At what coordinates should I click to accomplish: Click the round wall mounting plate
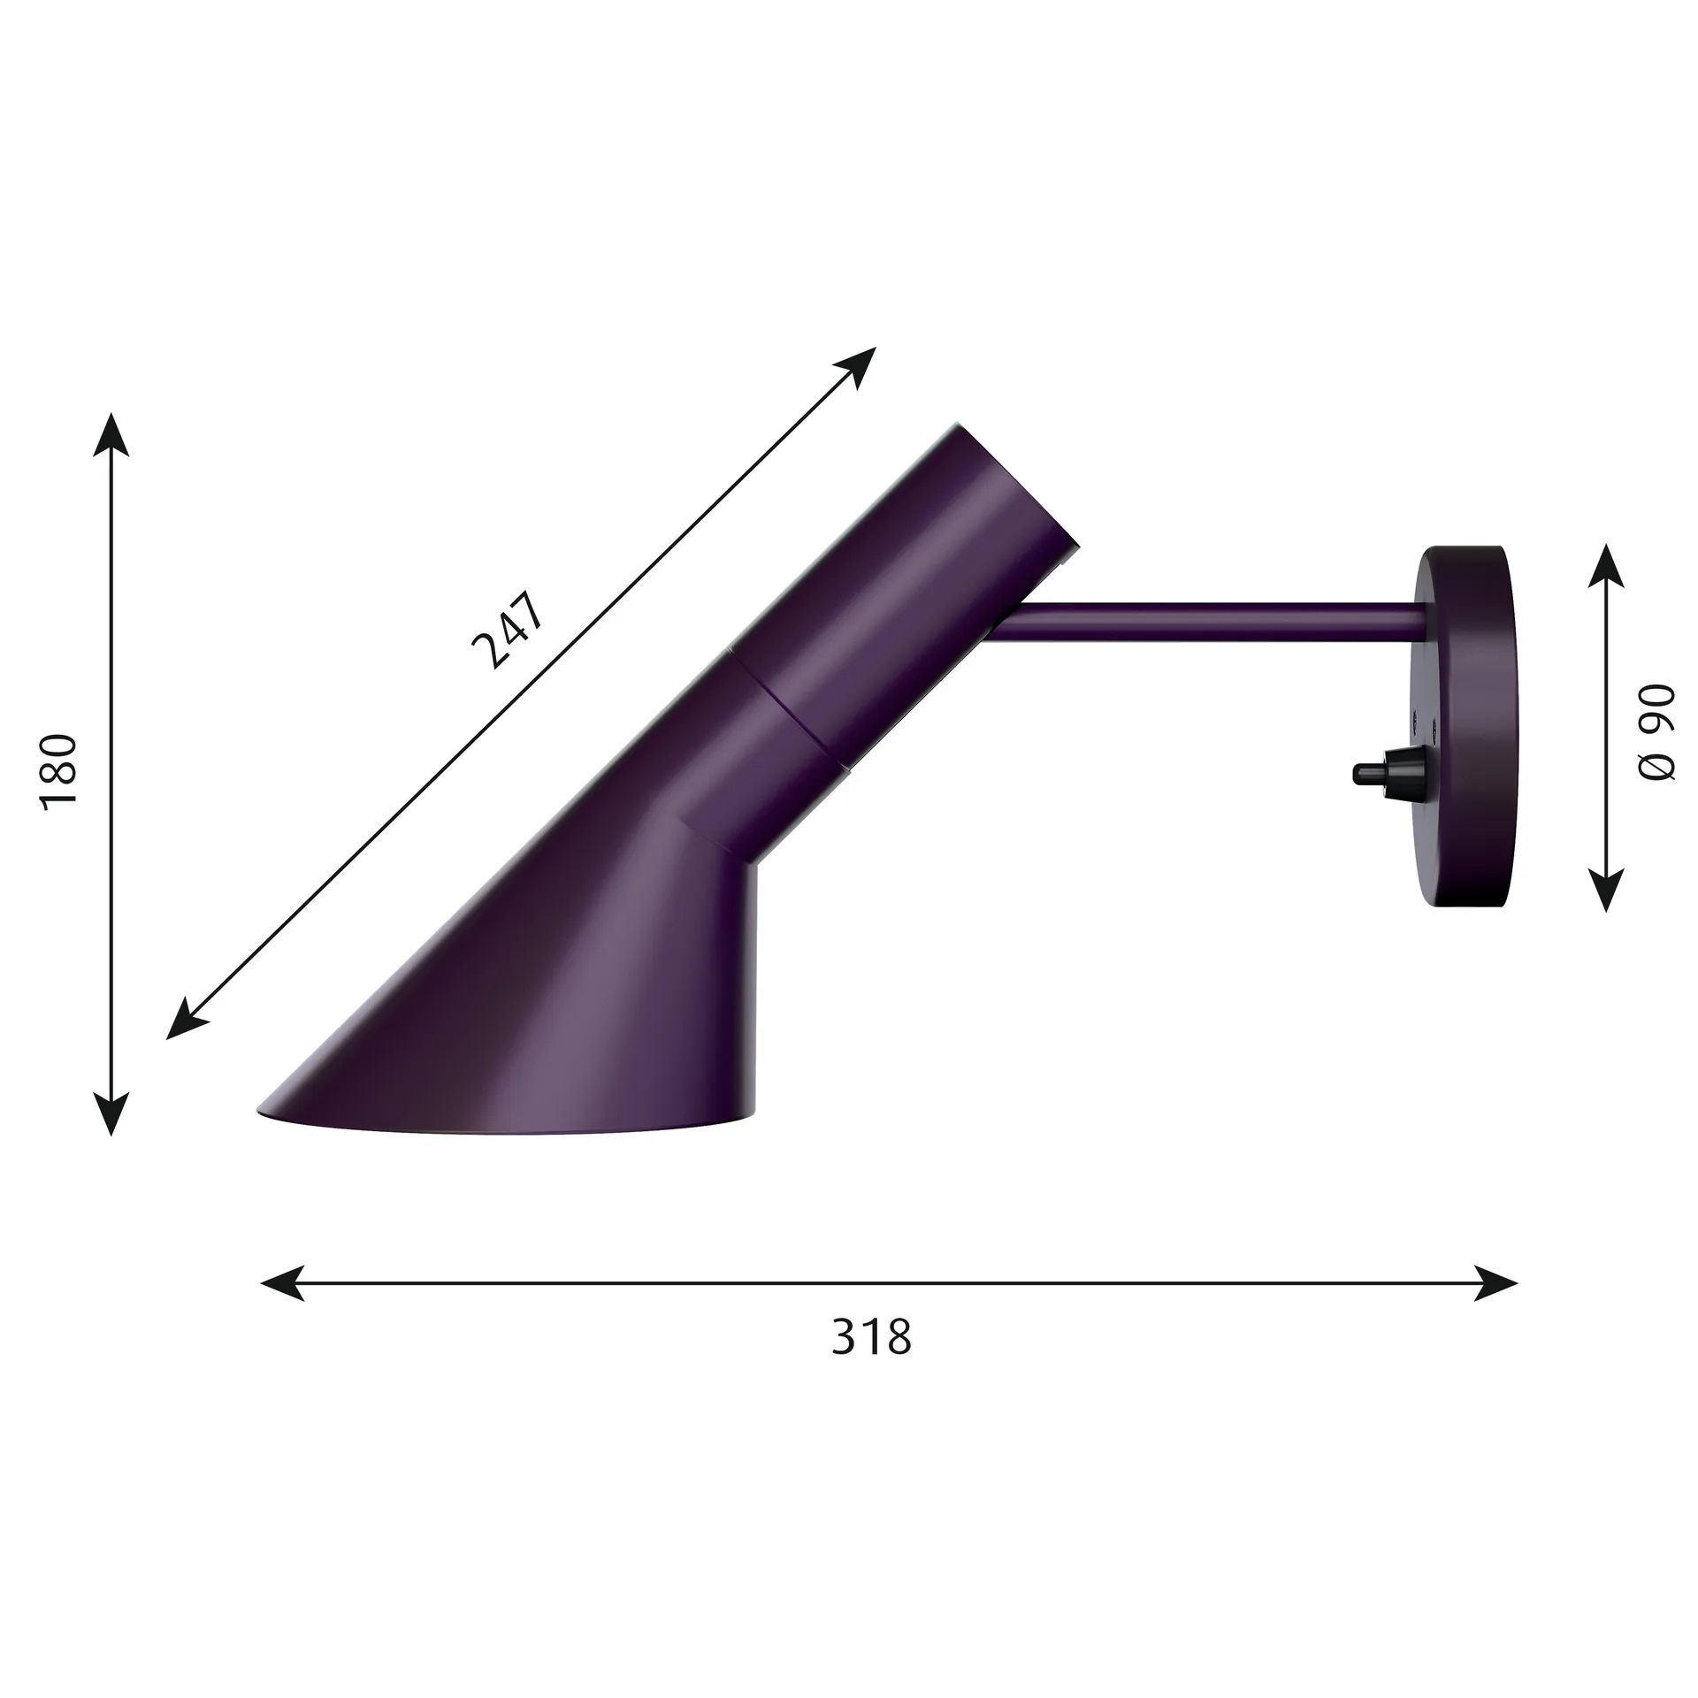1464,725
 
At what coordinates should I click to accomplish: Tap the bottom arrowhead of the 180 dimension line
111,1112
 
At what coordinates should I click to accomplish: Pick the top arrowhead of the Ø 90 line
1605,565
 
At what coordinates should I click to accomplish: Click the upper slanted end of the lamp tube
1017,482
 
